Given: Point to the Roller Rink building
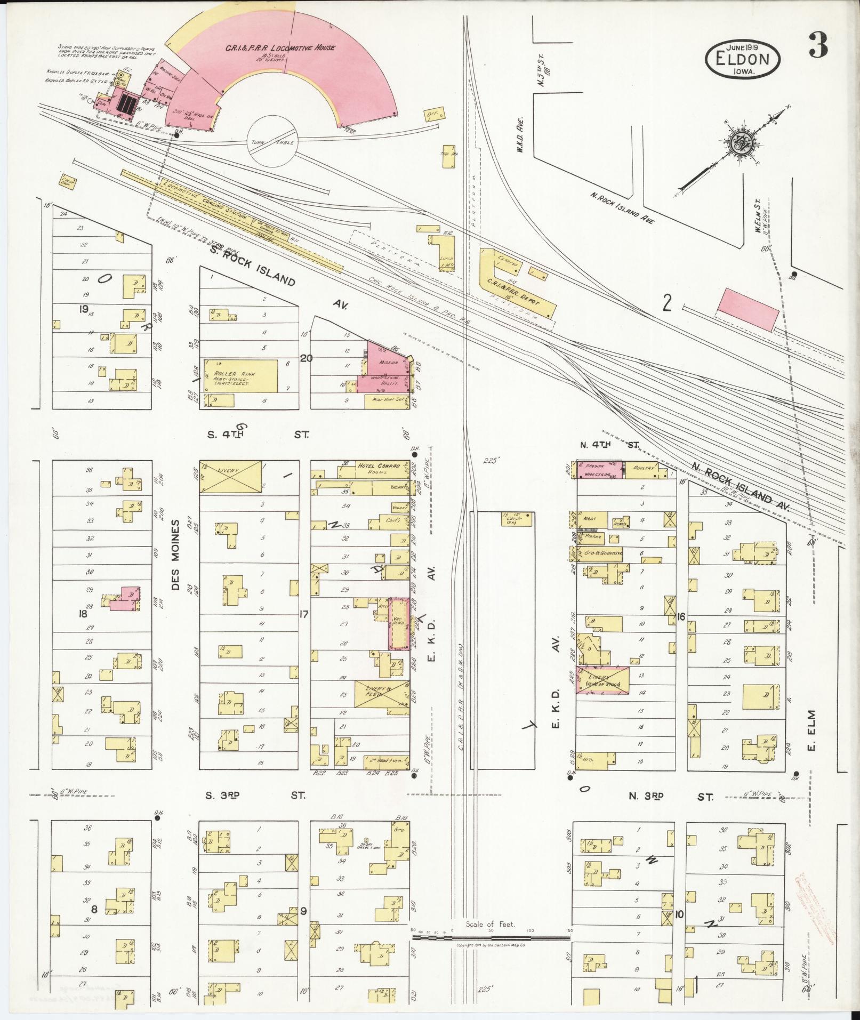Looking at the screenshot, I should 239,377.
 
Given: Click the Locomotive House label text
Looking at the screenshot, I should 280,48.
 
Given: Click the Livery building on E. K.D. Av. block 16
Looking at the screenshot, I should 602,680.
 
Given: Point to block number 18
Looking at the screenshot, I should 83,614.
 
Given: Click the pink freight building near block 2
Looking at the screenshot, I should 749,310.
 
